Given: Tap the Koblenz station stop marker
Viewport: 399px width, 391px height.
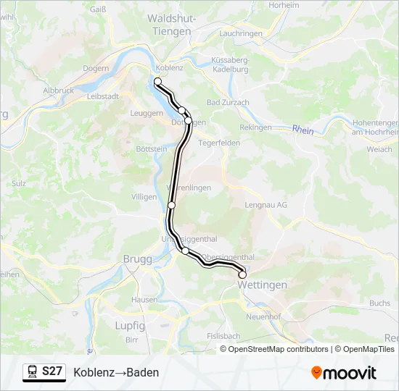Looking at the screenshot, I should coord(157,81).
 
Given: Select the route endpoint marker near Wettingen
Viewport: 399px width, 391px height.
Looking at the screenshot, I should coord(242,275).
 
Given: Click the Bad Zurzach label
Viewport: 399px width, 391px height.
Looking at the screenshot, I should coord(228,103).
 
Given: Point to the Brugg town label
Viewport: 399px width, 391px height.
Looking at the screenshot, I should coord(137,259).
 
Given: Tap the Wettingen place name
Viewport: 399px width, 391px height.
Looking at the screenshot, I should coord(262,285).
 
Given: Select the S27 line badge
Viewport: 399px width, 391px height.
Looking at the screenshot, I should coord(52,371).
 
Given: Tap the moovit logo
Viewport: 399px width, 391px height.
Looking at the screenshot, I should coord(344,373).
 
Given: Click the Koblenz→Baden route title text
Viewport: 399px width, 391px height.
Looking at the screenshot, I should coord(116,372).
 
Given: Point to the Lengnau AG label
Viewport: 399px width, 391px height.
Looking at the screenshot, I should coord(266,205).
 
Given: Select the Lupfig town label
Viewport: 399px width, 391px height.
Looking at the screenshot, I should coord(130,326).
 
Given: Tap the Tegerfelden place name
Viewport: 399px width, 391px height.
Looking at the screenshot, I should coord(219,143).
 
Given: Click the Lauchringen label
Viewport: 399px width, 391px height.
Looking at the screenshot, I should coord(240,34).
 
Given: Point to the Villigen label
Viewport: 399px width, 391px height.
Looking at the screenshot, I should coord(144,196).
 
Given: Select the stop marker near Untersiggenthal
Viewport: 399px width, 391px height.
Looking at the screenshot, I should coord(185,251).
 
